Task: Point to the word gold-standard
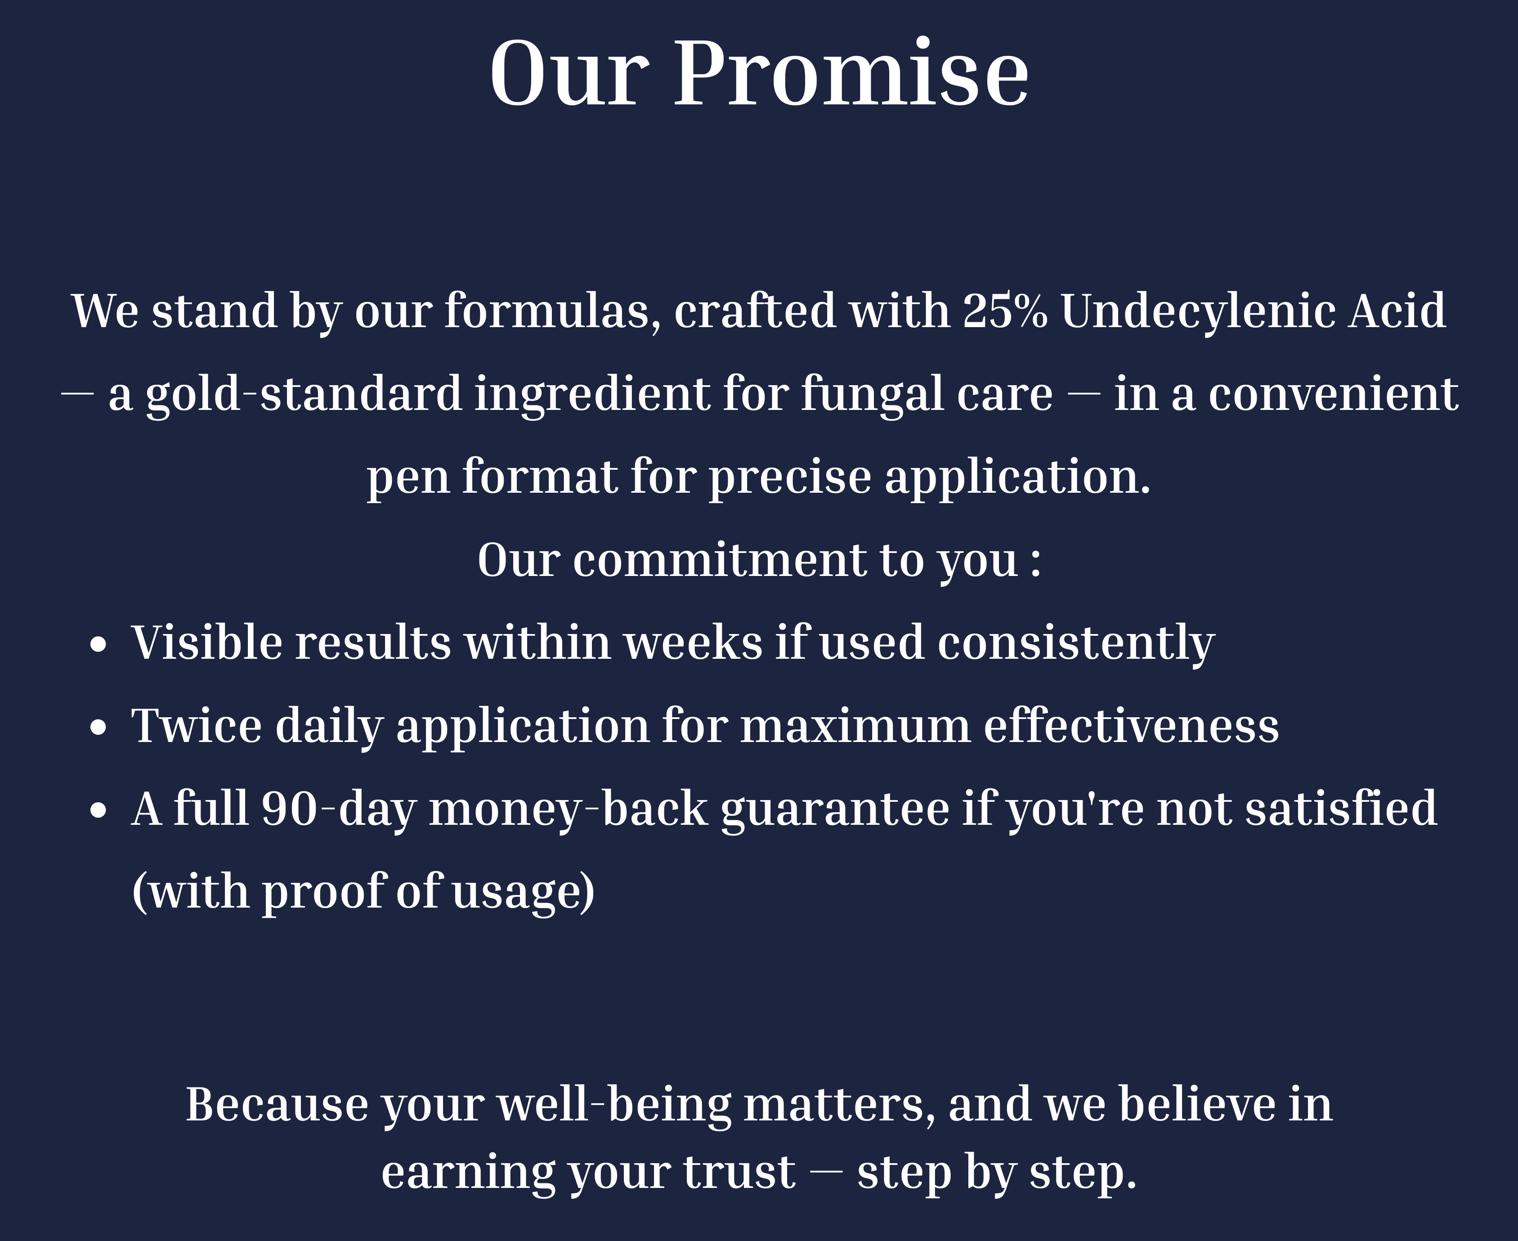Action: [304, 395]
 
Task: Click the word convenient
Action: [1333, 395]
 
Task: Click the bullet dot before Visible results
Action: [99, 644]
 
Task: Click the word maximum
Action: [855, 726]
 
